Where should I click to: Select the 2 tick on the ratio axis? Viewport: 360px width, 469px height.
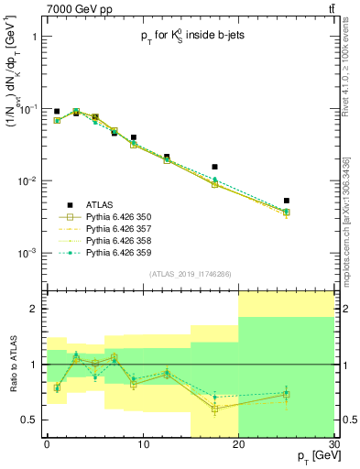(x=35, y=310)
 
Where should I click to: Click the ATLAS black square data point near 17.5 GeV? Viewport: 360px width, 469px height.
(x=214, y=167)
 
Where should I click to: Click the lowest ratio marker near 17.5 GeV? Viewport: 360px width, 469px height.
(x=214, y=409)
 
